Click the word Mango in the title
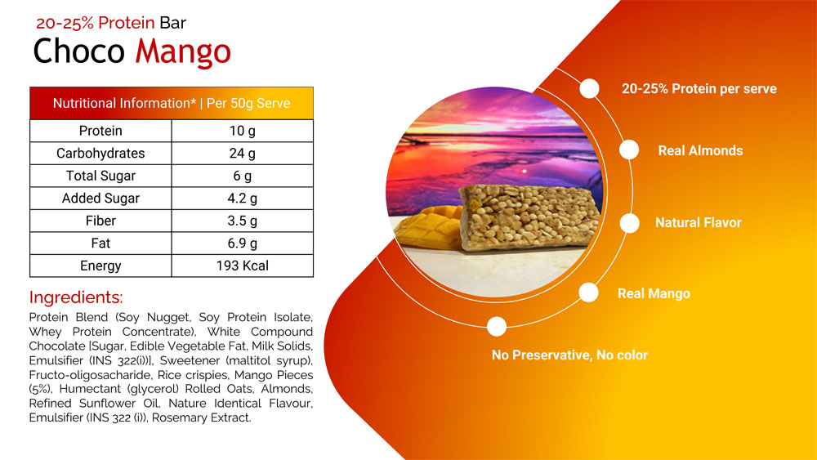click(x=183, y=52)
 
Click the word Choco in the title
click(x=78, y=51)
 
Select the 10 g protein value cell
click(x=243, y=131)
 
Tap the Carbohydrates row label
click(x=100, y=153)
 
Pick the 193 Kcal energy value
click(x=243, y=266)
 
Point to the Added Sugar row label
click(x=100, y=198)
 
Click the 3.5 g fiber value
click(x=243, y=221)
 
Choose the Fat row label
click(x=100, y=243)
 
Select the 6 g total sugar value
click(x=243, y=176)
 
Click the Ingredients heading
click(x=76, y=297)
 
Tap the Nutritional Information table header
click(x=172, y=103)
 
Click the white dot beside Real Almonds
click(x=629, y=150)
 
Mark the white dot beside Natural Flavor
click(x=630, y=224)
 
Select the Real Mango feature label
click(x=654, y=294)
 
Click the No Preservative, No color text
click(x=569, y=355)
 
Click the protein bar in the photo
click(x=529, y=217)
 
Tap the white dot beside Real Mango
click(x=589, y=293)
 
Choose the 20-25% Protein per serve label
click(x=699, y=88)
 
